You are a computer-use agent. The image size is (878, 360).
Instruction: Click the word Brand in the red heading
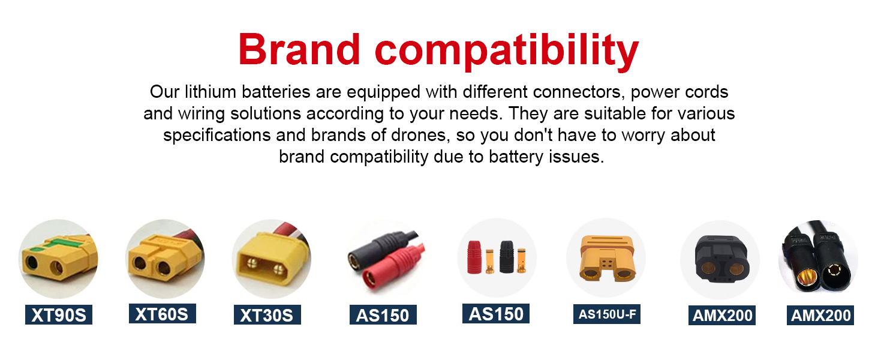point(299,49)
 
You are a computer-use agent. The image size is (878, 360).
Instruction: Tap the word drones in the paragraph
point(418,135)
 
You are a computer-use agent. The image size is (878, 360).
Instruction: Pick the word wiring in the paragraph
point(202,114)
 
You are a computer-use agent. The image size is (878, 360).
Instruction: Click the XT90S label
point(59,315)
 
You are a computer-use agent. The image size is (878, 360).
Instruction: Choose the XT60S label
point(163,314)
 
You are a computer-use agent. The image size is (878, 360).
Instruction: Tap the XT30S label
point(267,315)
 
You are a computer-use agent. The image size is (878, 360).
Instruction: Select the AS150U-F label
point(607,314)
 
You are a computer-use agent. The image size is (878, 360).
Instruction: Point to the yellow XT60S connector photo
point(165,259)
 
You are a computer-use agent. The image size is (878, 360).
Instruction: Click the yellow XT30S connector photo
point(271,258)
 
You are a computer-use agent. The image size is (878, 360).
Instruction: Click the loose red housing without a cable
point(474,257)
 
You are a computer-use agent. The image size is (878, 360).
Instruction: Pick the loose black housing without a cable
point(507,257)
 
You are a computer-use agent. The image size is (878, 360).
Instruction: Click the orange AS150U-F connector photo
point(606,258)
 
